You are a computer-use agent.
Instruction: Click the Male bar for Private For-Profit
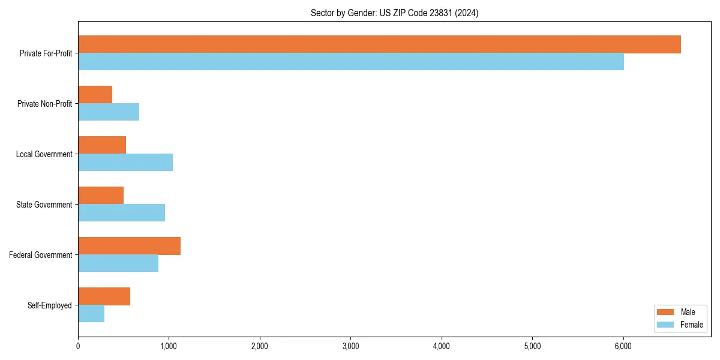click(x=379, y=44)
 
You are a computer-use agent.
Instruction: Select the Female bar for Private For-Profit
click(x=351, y=62)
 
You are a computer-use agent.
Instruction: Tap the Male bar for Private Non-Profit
click(x=95, y=95)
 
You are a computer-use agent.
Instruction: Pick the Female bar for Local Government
click(x=125, y=163)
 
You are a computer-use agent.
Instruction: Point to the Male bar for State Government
click(x=101, y=196)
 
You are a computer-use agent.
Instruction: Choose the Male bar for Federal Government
click(x=129, y=246)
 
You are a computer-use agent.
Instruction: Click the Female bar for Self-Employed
click(x=91, y=314)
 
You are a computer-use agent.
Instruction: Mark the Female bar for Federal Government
click(x=118, y=263)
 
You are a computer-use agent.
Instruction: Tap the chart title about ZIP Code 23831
click(x=394, y=13)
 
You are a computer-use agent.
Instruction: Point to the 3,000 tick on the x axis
click(x=350, y=346)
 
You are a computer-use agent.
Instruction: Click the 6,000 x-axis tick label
click(x=623, y=346)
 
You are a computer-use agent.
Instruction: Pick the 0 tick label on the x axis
click(x=78, y=346)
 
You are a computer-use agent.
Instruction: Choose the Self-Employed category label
click(x=50, y=305)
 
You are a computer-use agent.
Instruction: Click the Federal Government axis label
click(x=41, y=255)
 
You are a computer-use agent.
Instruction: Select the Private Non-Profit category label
click(x=44, y=104)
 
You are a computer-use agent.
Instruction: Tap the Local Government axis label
click(x=44, y=154)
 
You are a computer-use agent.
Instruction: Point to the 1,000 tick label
click(x=169, y=346)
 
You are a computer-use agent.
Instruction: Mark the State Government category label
click(x=44, y=205)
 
